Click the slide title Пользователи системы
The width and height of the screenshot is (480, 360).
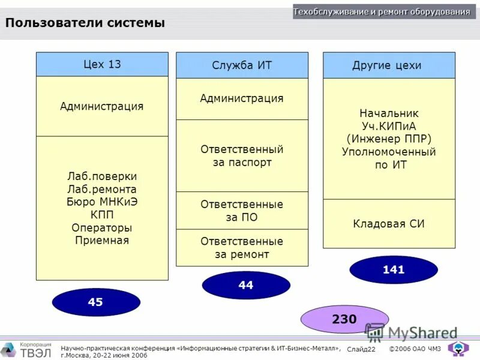pos(85,23)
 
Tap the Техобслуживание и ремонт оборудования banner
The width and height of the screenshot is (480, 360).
pos(382,12)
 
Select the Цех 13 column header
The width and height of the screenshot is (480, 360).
pos(102,64)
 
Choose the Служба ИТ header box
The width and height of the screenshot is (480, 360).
pos(242,65)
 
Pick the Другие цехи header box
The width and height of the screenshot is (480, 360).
pos(389,65)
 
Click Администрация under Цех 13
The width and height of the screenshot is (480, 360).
pos(102,106)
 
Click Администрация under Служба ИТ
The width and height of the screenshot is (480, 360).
pos(242,98)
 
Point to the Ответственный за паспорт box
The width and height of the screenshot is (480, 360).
pos(242,155)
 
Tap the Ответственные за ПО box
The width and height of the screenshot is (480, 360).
pos(242,211)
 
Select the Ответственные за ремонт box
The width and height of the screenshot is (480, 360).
pos(242,248)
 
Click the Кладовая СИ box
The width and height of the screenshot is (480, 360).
pos(389,224)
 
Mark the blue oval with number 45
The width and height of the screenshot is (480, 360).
pos(95,302)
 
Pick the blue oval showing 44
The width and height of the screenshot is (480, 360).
pos(246,286)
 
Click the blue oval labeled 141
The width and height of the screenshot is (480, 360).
pos(394,270)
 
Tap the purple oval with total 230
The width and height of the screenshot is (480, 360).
pos(344,319)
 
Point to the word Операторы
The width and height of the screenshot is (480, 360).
pos(102,228)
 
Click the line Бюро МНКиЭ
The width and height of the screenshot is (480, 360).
pos(102,202)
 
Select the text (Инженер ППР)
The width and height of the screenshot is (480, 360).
pos(389,139)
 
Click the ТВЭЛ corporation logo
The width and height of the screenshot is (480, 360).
pos(26,349)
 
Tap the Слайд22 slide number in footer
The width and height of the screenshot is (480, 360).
pos(361,349)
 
